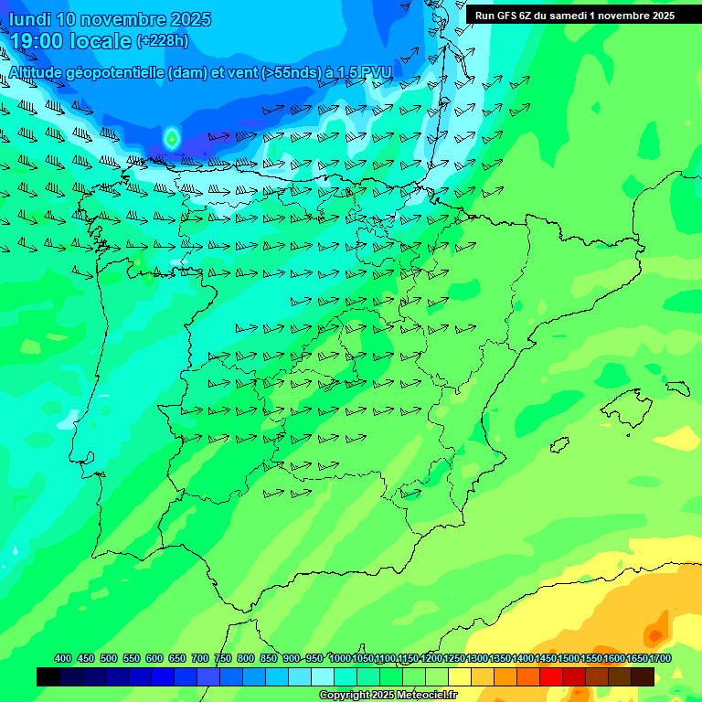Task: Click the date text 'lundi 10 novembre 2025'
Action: [x=111, y=19]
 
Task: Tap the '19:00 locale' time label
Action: [x=71, y=41]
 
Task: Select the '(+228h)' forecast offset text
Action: [x=164, y=41]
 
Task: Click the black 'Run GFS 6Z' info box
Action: [x=575, y=16]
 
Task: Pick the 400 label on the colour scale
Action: [x=63, y=659]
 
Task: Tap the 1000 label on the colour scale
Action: [x=340, y=659]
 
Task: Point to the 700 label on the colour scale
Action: [x=200, y=659]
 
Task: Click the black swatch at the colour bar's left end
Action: [x=48, y=676]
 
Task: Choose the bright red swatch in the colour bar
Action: [x=551, y=676]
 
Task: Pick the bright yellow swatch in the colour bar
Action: [x=460, y=676]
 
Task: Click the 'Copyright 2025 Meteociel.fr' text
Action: [x=388, y=695]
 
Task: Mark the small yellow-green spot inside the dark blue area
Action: [x=171, y=138]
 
